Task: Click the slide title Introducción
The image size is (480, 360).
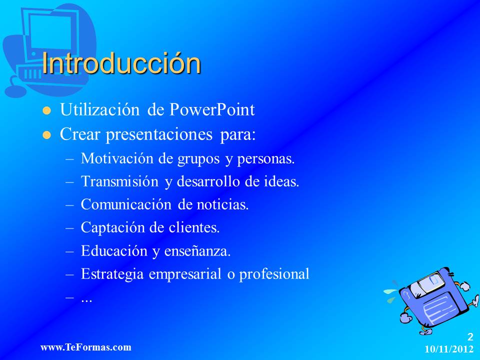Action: pyautogui.click(x=121, y=63)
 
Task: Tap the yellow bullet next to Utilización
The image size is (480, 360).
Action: pyautogui.click(x=47, y=111)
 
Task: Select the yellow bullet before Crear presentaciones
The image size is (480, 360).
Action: pyautogui.click(x=47, y=135)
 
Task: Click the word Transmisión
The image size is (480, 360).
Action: pyautogui.click(x=119, y=181)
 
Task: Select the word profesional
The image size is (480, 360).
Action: pyautogui.click(x=274, y=274)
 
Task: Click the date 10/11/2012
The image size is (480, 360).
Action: pyautogui.click(x=449, y=349)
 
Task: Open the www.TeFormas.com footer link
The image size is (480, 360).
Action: pyautogui.click(x=85, y=347)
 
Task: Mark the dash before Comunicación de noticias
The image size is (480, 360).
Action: pyautogui.click(x=69, y=205)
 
